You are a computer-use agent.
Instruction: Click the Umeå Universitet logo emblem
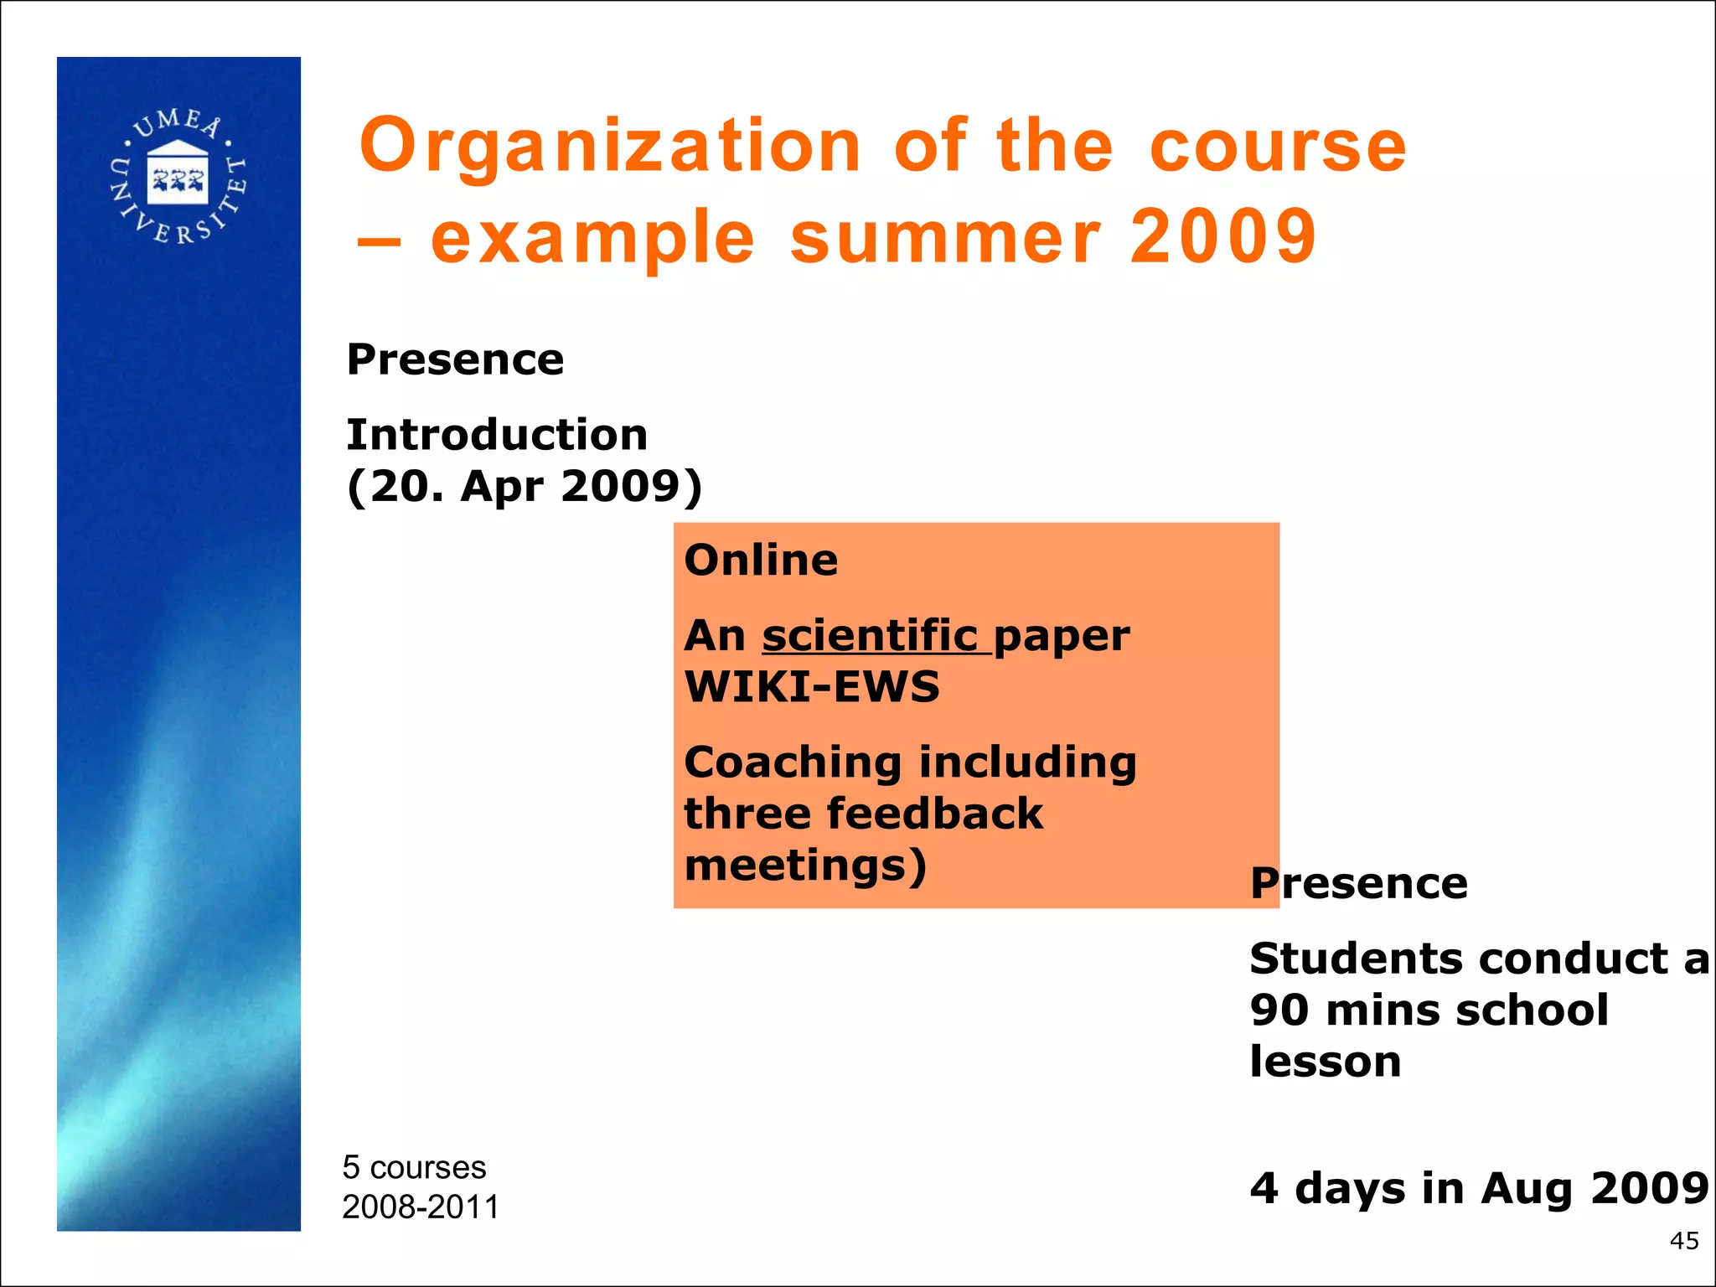pyautogui.click(x=178, y=176)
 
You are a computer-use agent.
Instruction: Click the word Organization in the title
pyautogui.click(x=610, y=147)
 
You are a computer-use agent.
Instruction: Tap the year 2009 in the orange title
pyautogui.click(x=1222, y=237)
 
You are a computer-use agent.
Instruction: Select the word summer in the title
pyautogui.click(x=944, y=237)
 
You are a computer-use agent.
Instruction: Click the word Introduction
pyautogui.click(x=497, y=435)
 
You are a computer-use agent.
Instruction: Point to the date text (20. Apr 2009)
pyautogui.click(x=525, y=486)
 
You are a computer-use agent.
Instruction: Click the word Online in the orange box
pyautogui.click(x=761, y=560)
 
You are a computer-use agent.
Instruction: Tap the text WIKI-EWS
pyautogui.click(x=812, y=686)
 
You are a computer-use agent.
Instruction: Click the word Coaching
pyautogui.click(x=793, y=763)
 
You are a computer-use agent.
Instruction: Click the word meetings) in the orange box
pyautogui.click(x=805, y=865)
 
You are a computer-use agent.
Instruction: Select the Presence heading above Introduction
pyautogui.click(x=455, y=359)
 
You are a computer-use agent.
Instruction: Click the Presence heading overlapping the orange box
pyautogui.click(x=1358, y=883)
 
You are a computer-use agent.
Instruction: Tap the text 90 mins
pyautogui.click(x=1345, y=1010)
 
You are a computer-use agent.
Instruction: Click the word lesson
pyautogui.click(x=1325, y=1062)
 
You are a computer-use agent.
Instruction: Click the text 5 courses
pyautogui.click(x=414, y=1167)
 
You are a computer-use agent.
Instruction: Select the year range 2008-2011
pyautogui.click(x=421, y=1207)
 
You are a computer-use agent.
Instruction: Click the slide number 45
pyautogui.click(x=1683, y=1241)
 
